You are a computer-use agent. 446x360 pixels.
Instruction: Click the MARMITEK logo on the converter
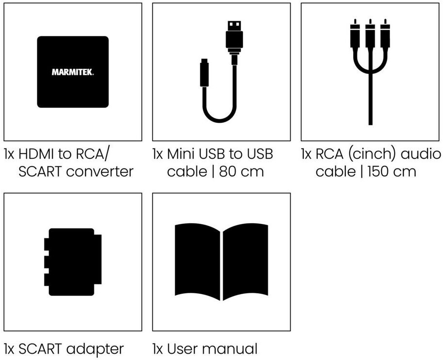[73, 72]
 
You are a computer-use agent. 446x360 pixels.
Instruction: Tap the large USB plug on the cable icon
[234, 36]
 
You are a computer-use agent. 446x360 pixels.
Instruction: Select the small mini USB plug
[204, 73]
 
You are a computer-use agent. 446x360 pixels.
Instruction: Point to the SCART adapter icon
[73, 262]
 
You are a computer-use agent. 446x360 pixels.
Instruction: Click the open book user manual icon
[222, 262]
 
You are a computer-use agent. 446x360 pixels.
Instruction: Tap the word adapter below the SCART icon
[95, 348]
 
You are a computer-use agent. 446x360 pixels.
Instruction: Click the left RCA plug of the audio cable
[355, 36]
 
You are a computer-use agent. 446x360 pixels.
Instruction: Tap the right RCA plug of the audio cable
[385, 36]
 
